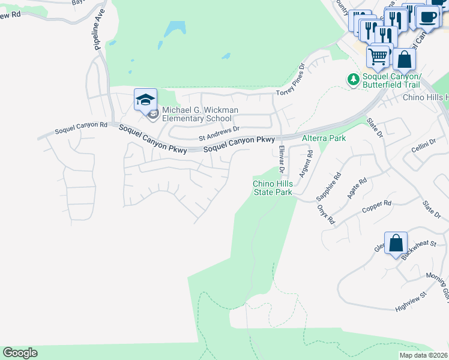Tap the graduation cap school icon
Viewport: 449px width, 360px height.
(x=145, y=100)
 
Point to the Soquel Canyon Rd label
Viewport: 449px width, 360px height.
(x=80, y=128)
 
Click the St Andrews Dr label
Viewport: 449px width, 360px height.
(x=219, y=137)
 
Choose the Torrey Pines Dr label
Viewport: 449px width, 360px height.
(x=291, y=80)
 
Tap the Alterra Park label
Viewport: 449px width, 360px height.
(x=324, y=138)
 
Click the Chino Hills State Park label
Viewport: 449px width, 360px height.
(x=272, y=188)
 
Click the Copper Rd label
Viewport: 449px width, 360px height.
(x=376, y=207)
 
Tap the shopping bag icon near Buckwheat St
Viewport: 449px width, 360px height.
(x=396, y=244)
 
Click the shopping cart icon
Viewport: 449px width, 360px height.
(x=378, y=57)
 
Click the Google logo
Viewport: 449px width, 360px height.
(x=20, y=353)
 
